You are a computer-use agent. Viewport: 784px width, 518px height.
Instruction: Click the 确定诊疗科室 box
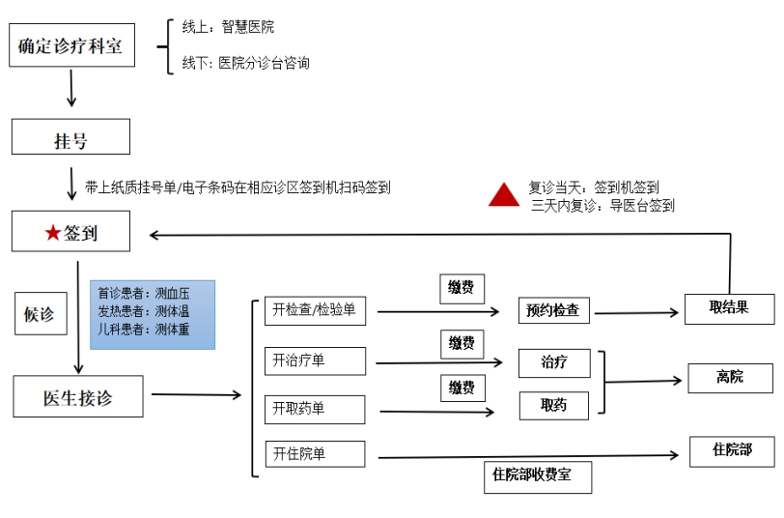tap(70, 46)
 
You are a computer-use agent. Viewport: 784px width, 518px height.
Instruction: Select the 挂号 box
tap(70, 137)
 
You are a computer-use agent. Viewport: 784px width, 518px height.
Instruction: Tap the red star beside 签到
tap(52, 233)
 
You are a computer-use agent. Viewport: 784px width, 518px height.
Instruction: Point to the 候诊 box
tap(40, 314)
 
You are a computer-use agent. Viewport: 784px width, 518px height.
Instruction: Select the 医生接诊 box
tap(80, 396)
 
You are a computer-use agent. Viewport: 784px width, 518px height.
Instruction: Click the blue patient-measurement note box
tap(153, 314)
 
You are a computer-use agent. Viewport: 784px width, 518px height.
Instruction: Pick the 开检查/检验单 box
tap(315, 311)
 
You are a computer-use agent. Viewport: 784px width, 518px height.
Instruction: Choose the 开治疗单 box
tap(315, 360)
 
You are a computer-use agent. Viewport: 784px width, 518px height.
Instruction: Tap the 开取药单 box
tap(315, 409)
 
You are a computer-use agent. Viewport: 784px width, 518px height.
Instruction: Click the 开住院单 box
tap(315, 454)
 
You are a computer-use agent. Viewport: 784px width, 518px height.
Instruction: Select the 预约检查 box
tap(553, 311)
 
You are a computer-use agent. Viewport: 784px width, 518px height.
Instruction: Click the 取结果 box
tap(729, 308)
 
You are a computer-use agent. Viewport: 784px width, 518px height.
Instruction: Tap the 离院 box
tap(730, 377)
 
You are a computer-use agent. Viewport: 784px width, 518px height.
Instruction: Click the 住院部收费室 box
tap(537, 475)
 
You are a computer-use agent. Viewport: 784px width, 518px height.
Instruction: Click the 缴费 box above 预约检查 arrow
tap(462, 288)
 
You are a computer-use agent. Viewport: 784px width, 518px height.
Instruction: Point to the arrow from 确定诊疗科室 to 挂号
tap(71, 88)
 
